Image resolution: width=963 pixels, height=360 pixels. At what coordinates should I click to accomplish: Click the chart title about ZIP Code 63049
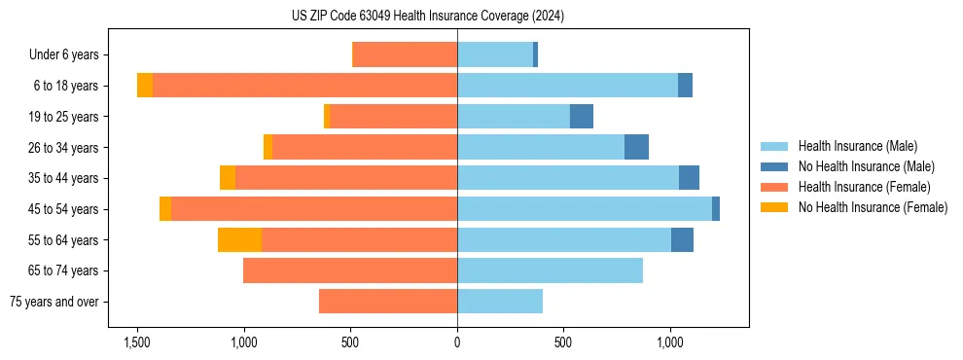tap(427, 17)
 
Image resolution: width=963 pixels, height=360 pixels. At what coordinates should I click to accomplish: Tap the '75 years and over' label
tap(54, 302)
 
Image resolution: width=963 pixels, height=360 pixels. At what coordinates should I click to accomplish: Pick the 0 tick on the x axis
tap(457, 342)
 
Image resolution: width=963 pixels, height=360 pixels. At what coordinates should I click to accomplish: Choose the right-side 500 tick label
tap(563, 342)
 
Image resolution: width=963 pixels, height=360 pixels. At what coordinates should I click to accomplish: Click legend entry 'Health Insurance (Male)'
tap(857, 146)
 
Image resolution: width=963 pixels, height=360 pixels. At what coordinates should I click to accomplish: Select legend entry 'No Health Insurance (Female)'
tap(873, 207)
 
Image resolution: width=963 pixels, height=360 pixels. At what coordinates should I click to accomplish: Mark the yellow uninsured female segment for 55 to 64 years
tap(239, 239)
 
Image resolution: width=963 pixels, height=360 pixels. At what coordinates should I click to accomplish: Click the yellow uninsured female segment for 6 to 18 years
tap(145, 86)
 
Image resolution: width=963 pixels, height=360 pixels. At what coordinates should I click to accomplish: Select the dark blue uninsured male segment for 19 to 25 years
tap(582, 117)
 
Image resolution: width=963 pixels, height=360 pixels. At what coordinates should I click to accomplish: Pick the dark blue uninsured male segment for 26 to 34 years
tap(636, 147)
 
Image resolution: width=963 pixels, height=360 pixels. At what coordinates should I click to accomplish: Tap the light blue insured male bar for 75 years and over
tap(500, 302)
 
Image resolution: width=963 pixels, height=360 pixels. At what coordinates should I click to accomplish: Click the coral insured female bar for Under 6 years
tap(405, 54)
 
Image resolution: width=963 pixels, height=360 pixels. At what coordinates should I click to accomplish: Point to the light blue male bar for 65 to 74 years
tap(550, 270)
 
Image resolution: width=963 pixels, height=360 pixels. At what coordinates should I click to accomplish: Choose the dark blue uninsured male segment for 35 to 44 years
tap(689, 178)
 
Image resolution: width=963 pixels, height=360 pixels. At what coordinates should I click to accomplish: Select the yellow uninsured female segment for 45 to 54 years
tap(165, 209)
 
